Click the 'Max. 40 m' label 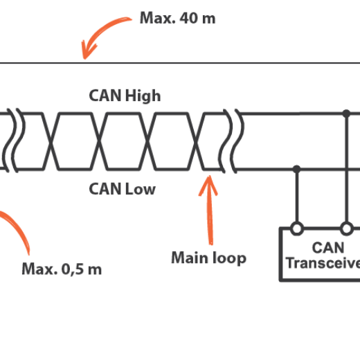(x=177, y=18)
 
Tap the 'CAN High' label (x=125, y=96)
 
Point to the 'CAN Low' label (x=123, y=188)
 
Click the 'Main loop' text (x=208, y=258)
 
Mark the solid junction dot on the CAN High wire (x=345, y=113)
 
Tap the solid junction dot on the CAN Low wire (x=296, y=168)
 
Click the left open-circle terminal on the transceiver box (x=296, y=228)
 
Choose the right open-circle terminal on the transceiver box (x=345, y=228)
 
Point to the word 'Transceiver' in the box (x=323, y=263)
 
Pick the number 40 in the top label (x=188, y=18)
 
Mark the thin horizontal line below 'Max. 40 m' (x=208, y=63)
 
